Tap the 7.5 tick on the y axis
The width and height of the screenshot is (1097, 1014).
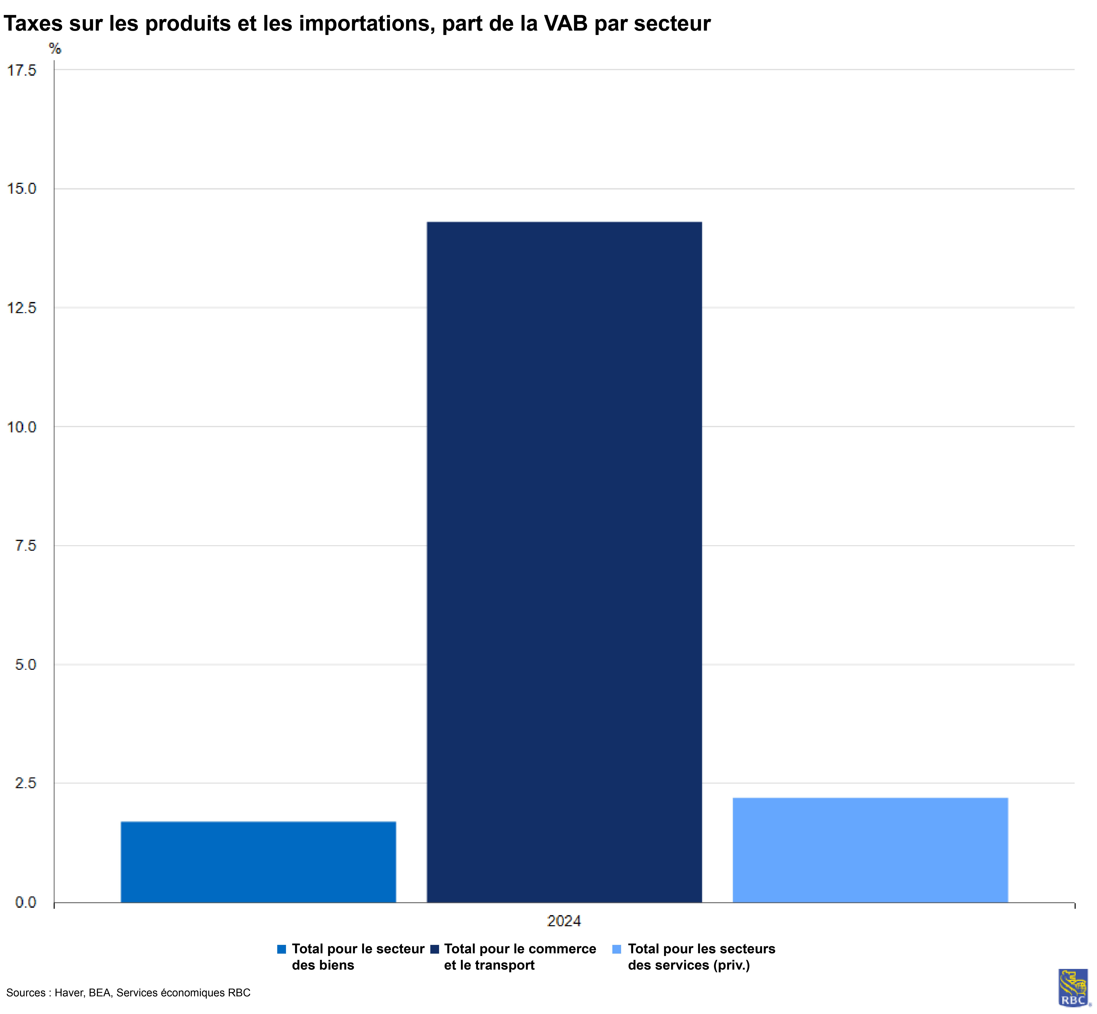pos(25,545)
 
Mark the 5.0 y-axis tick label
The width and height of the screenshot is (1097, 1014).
pos(25,664)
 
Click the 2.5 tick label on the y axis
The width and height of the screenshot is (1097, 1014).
pos(25,783)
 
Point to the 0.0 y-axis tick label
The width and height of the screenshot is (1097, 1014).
pos(25,902)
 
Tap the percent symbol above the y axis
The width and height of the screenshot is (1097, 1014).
pos(55,49)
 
